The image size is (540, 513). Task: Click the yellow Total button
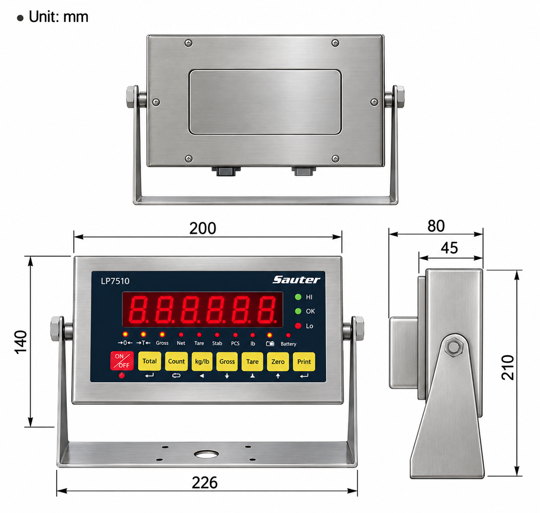149,361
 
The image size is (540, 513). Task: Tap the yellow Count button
176,361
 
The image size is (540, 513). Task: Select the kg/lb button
202,361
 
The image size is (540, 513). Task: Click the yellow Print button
304,362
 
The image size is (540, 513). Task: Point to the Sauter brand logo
296,280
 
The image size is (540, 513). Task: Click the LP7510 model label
115,281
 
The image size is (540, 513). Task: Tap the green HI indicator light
298,297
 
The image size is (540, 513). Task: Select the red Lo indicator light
298,326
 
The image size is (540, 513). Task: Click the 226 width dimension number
205,483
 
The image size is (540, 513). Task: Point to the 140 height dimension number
21,342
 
